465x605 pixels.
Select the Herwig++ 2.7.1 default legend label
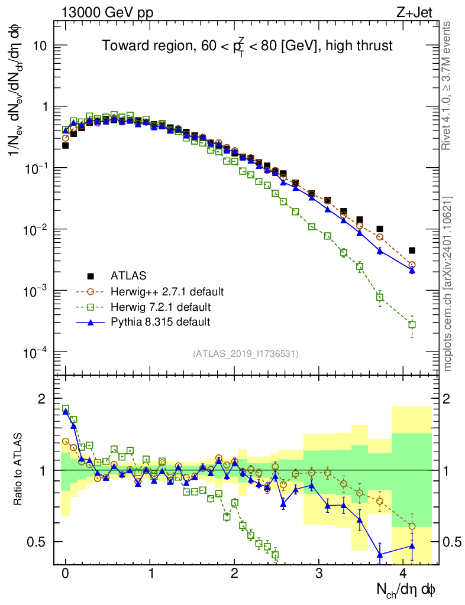167,291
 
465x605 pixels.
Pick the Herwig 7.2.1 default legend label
160,307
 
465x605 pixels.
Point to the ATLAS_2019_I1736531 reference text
246,353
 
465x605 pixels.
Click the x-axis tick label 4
403,573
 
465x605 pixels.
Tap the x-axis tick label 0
65,573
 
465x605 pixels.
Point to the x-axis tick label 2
234,573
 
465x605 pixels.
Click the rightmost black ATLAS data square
412,251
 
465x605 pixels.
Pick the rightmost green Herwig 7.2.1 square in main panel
412,324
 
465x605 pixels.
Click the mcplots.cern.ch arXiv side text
448,284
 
